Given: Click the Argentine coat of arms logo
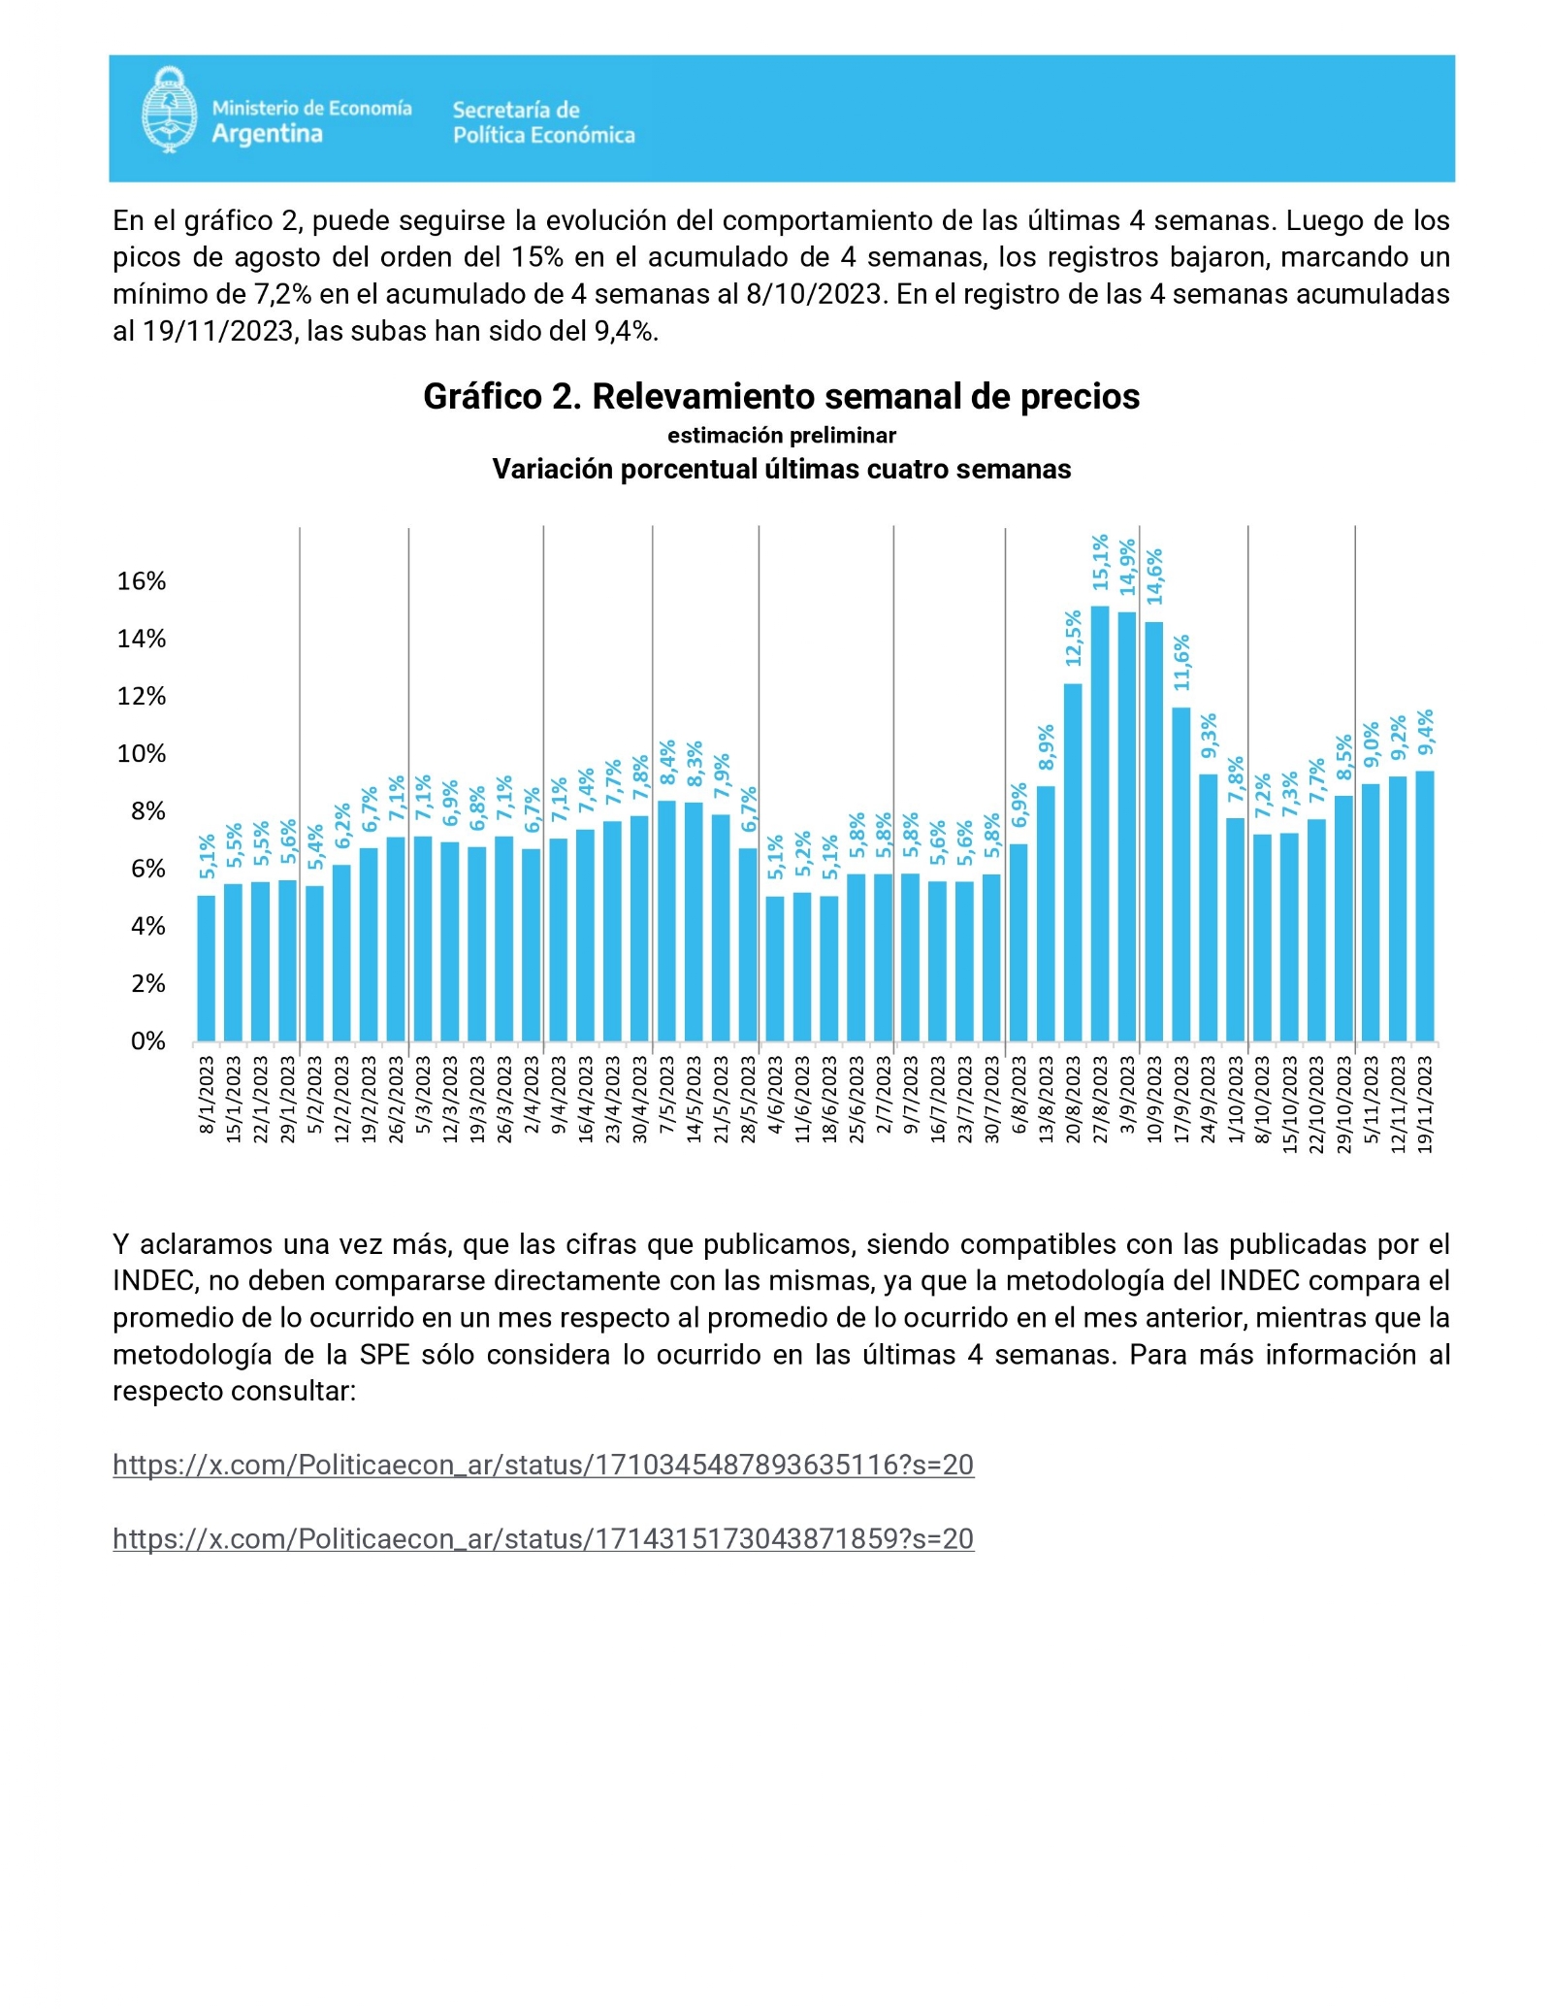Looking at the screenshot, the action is (170, 110).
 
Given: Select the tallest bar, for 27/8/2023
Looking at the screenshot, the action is (1100, 823).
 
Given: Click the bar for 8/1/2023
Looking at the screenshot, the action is (207, 968).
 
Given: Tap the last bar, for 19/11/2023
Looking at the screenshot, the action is (1425, 906).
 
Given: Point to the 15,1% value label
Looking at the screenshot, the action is (1100, 562).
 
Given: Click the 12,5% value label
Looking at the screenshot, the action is (1073, 638).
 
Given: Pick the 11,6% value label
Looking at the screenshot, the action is (1181, 663).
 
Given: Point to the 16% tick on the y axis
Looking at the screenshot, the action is (142, 580).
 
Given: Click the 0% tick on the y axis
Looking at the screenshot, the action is (148, 1041).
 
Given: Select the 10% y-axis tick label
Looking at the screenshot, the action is (142, 753).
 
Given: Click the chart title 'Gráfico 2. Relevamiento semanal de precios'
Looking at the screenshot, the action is (782, 396).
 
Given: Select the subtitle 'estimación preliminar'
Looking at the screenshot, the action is (782, 436).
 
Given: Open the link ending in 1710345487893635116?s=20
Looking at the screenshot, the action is (543, 1465).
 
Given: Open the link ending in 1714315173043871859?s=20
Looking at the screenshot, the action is (543, 1538).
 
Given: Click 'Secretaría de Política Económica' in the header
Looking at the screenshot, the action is (544, 122).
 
